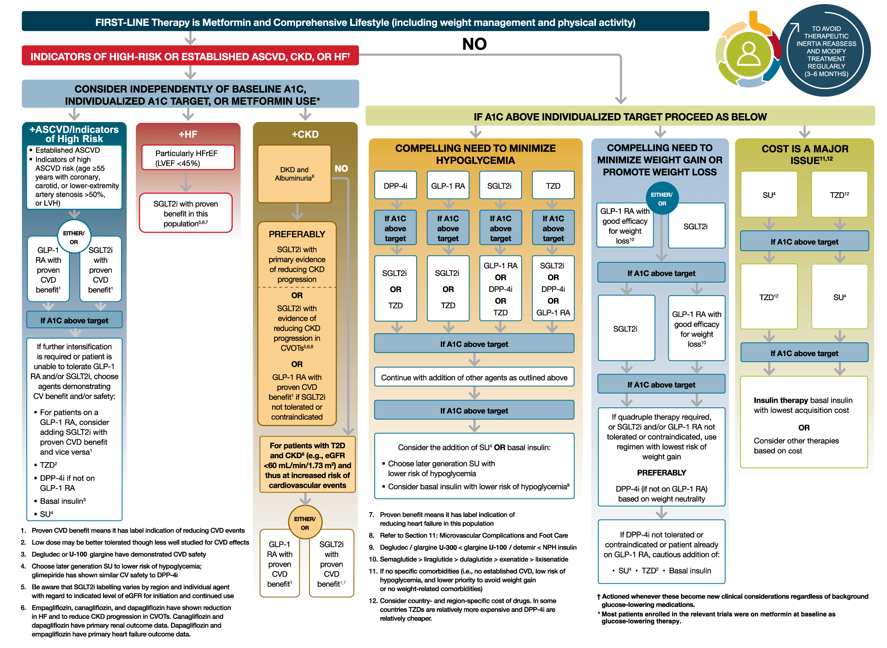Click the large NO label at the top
pyautogui.click(x=474, y=44)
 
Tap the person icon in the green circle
pyautogui.click(x=748, y=54)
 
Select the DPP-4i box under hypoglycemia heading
pyautogui.click(x=395, y=186)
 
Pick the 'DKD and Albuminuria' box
pyautogui.click(x=294, y=174)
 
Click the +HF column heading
pyautogui.click(x=188, y=134)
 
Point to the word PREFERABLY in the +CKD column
pyautogui.click(x=297, y=234)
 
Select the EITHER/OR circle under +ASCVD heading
pyautogui.click(x=74, y=237)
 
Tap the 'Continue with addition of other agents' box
pyautogui.click(x=474, y=377)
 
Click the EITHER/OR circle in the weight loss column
pyautogui.click(x=662, y=199)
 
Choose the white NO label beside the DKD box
pyautogui.click(x=341, y=169)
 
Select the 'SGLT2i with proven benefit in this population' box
pyautogui.click(x=186, y=213)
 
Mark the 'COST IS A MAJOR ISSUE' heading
pyautogui.click(x=805, y=154)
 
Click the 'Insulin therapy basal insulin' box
pyautogui.click(x=804, y=422)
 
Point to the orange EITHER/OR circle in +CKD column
pyautogui.click(x=305, y=523)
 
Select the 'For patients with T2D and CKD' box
pyautogui.click(x=307, y=465)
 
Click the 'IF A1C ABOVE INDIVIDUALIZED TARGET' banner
pyautogui.click(x=620, y=117)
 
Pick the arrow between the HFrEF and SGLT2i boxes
pyautogui.click(x=186, y=182)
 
